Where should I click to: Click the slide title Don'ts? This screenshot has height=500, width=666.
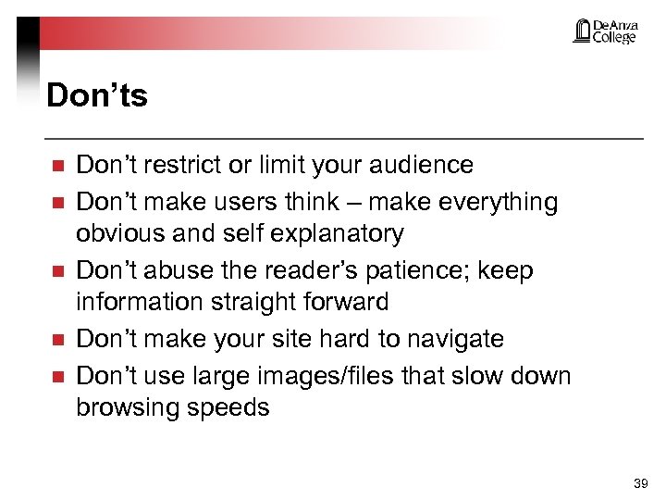pyautogui.click(x=96, y=95)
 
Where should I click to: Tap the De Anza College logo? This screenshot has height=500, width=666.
pyautogui.click(x=605, y=31)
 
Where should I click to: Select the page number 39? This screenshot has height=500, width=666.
pyautogui.click(x=639, y=483)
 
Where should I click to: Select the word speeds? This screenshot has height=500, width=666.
pyautogui.click(x=233, y=407)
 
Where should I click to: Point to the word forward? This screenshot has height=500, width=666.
pyautogui.click(x=343, y=302)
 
